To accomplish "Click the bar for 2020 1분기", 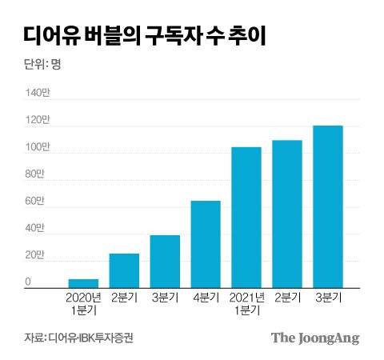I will coord(83,283).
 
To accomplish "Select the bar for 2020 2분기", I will coord(124,270).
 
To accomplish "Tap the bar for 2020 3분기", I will coord(165,262).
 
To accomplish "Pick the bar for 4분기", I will coord(206,244).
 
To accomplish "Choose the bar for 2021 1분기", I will coord(246,218).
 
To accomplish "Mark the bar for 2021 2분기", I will coord(286,214).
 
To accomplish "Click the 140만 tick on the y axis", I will coord(37,94).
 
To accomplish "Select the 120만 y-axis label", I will coord(37,121).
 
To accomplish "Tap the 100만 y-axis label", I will coord(37,148).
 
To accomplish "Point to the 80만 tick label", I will coord(35,174).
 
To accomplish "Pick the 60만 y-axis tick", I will coord(35,202).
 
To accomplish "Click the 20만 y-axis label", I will coord(35,255).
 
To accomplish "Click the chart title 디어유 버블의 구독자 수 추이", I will coord(144,35).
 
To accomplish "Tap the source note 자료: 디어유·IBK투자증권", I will coord(78,338).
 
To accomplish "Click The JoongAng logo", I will coord(314,338).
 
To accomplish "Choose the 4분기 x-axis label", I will coord(206,298).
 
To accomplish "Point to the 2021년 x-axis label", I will coord(246,298).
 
